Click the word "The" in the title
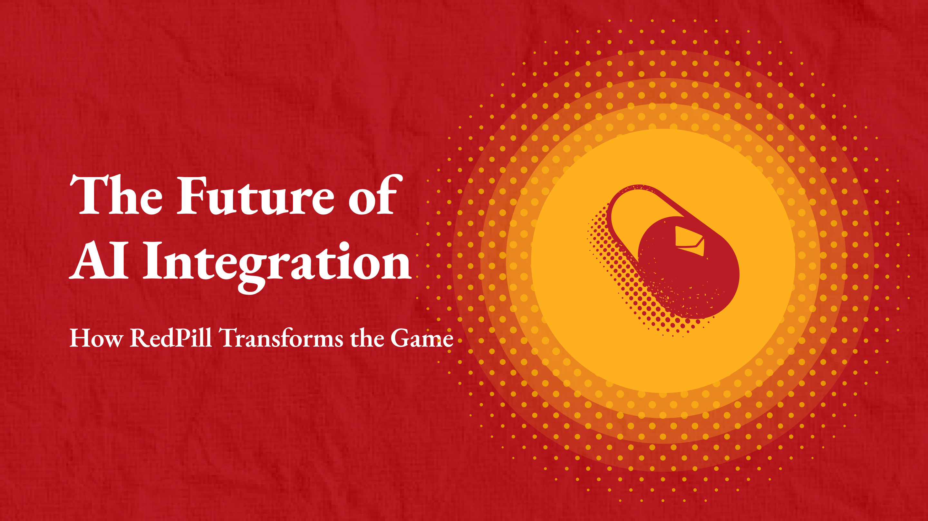point(116,195)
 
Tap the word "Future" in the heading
point(256,195)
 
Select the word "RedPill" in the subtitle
point(170,338)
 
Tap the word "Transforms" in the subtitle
point(281,338)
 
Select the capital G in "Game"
point(401,338)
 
